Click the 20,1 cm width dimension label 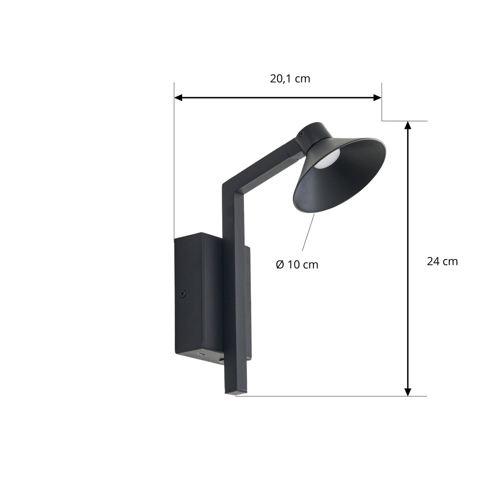pos(290,79)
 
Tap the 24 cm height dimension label pos(442,261)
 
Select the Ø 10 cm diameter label pos(297,265)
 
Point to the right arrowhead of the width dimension pos(377,98)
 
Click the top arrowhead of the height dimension pos(408,125)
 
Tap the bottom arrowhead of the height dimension pos(408,392)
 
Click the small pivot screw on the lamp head pos(302,134)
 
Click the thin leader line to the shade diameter pos(308,232)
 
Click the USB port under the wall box pos(201,355)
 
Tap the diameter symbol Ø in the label pos(280,265)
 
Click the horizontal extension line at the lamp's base pos(329,396)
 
